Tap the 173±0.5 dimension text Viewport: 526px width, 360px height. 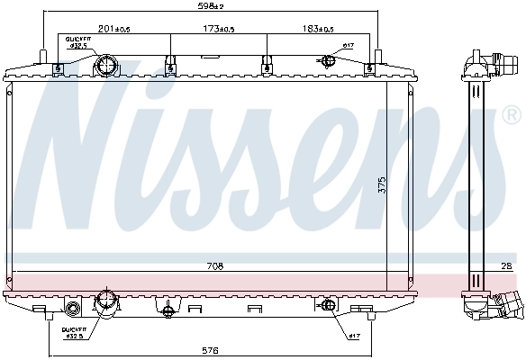(218, 30)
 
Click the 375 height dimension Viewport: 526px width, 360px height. (382, 185)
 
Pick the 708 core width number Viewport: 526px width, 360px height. (213, 266)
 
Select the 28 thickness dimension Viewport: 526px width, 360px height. (508, 265)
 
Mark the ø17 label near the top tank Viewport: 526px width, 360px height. (349, 46)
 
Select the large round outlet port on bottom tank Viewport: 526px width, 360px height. (107, 301)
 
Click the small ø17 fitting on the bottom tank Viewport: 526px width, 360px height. (328, 308)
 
